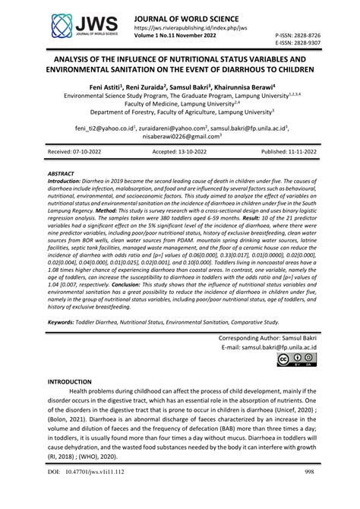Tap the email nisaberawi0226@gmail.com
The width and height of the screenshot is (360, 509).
(x=179, y=137)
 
